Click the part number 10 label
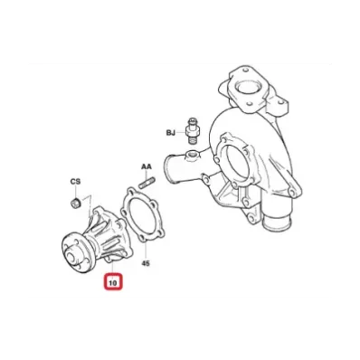coord(113,283)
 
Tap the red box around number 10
coord(113,275)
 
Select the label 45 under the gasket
coord(146,263)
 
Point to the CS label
coord(75,182)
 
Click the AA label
coord(147,166)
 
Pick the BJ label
coord(171,133)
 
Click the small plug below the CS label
coord(75,203)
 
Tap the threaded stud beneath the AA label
coord(147,182)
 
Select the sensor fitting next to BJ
coord(191,131)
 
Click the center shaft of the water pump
coord(71,258)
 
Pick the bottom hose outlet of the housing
coord(276,223)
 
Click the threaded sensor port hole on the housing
coord(192,155)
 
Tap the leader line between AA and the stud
coord(147,175)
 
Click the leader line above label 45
coord(146,250)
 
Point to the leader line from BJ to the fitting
coord(181,133)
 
